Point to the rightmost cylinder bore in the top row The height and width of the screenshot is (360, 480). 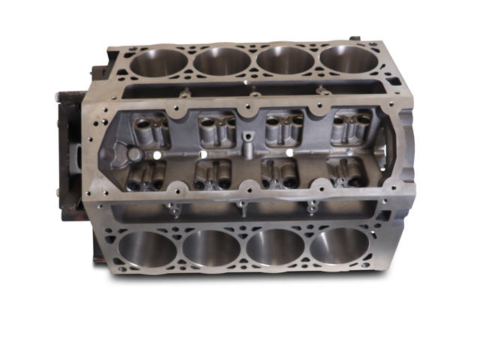click(346, 59)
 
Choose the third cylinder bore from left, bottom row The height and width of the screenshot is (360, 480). click(277, 247)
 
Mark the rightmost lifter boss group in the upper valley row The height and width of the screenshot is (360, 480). click(349, 128)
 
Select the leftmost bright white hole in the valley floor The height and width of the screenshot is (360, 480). click(160, 154)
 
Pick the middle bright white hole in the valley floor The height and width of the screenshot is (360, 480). click(224, 153)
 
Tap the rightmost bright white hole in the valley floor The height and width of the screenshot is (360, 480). click(290, 152)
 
